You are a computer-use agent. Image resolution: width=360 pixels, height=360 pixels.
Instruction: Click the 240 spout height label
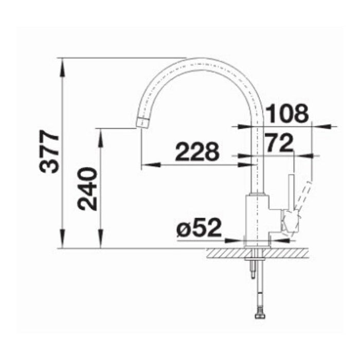(88, 189)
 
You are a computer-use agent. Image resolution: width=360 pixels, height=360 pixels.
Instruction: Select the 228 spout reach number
(197, 152)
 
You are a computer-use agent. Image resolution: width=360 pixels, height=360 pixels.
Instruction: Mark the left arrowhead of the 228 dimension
(146, 165)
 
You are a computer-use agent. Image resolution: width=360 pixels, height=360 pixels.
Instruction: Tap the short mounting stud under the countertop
(253, 269)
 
